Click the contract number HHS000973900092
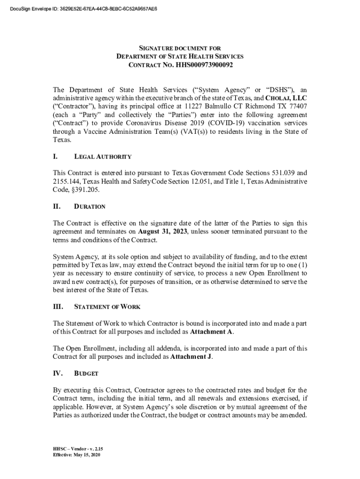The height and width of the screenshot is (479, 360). pos(204,65)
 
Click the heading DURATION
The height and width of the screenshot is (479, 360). pos(90,206)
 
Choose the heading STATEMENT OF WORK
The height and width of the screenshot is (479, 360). pos(107,307)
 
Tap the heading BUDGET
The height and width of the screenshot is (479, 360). pos(86,374)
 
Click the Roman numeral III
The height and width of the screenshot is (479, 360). pos(58,307)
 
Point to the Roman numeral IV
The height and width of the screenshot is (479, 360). pos(58,374)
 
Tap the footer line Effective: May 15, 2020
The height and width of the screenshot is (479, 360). pos(77,455)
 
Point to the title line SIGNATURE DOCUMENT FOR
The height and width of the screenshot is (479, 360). pos(180,48)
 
